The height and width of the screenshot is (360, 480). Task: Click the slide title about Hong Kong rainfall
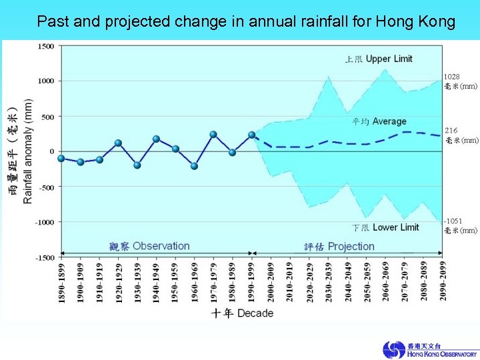click(x=246, y=21)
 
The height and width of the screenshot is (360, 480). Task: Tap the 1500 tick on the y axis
click(x=46, y=46)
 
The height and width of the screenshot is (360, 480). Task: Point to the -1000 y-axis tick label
click(x=44, y=222)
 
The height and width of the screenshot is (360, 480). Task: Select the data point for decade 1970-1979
click(x=213, y=134)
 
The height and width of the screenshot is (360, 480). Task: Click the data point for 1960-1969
click(x=194, y=166)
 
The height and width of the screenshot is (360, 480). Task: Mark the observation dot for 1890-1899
click(x=61, y=158)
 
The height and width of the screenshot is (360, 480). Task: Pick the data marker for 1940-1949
click(x=156, y=139)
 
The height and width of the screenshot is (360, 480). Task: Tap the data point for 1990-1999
click(x=251, y=135)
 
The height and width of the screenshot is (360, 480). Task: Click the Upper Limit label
click(x=389, y=59)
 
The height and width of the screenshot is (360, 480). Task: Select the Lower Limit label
click(x=395, y=227)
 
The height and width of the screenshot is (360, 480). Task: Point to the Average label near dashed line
click(x=389, y=121)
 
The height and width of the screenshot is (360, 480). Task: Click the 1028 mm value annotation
click(x=460, y=81)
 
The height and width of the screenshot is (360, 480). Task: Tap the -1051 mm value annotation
click(x=460, y=225)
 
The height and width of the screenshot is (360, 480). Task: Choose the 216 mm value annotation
click(x=461, y=135)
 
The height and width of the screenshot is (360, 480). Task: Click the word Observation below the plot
click(x=161, y=246)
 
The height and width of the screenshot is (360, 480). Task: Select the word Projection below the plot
click(x=351, y=246)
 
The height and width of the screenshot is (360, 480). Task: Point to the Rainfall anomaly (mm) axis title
click(x=28, y=151)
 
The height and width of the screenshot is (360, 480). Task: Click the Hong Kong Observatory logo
click(x=430, y=349)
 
